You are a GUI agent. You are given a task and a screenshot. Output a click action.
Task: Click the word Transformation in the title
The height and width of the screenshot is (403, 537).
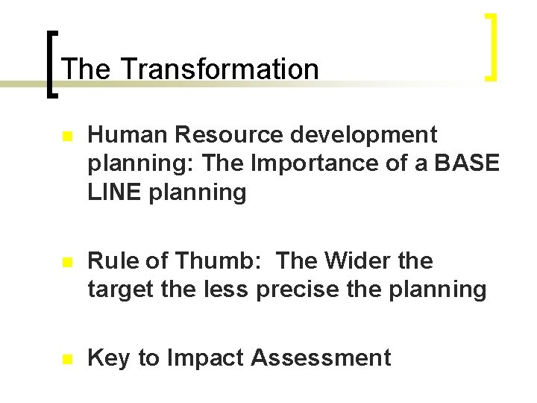pos(219,69)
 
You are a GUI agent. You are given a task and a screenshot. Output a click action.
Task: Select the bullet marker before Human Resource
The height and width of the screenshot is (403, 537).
pos(66,137)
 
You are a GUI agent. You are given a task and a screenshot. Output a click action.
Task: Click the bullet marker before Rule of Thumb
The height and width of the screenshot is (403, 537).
pos(66,263)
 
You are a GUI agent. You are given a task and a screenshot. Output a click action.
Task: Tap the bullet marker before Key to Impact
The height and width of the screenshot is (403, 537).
pos(66,359)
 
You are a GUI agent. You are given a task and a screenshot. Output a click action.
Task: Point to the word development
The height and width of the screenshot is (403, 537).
pos(365,134)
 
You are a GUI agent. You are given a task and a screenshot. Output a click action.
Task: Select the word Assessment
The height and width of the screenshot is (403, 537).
pos(321,358)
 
